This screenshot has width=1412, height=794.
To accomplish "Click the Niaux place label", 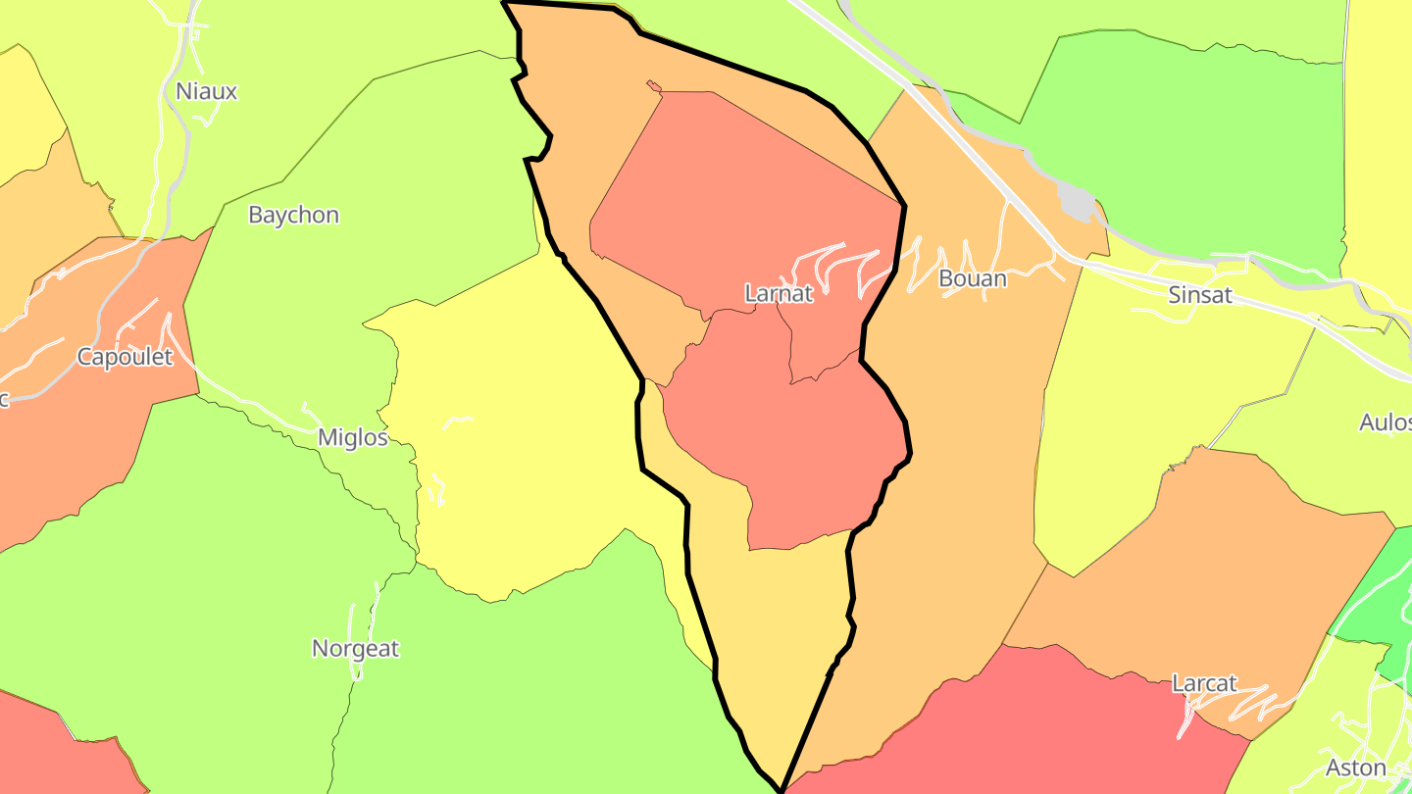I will [206, 92].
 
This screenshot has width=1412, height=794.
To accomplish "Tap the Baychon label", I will [293, 216].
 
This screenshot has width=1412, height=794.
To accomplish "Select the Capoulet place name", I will [125, 357].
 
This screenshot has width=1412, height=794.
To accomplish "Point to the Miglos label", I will [352, 438].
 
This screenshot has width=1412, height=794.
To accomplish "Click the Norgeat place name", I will [355, 649].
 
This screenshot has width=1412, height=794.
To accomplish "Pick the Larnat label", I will [779, 294].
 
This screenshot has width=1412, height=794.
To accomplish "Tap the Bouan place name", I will [972, 279].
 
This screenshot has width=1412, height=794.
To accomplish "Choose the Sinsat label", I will [1199, 295].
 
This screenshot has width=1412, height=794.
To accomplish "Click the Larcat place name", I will [1204, 684].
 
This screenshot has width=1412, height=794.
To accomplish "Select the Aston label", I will [1355, 769].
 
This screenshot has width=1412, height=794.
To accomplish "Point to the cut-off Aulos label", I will [1385, 422].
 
